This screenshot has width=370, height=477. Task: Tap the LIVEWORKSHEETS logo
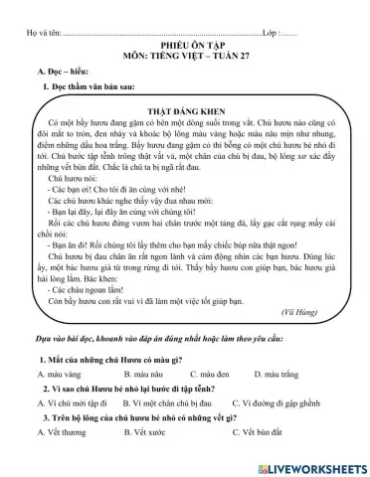(311, 466)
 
